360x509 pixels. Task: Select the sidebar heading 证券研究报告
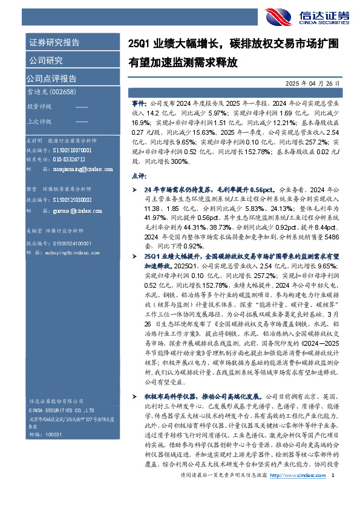[54, 43]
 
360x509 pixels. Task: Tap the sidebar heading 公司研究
[46, 60]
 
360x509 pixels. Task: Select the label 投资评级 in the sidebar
[38, 106]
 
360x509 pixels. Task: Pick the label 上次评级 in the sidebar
[38, 122]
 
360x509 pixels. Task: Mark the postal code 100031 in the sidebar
[54, 434]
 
